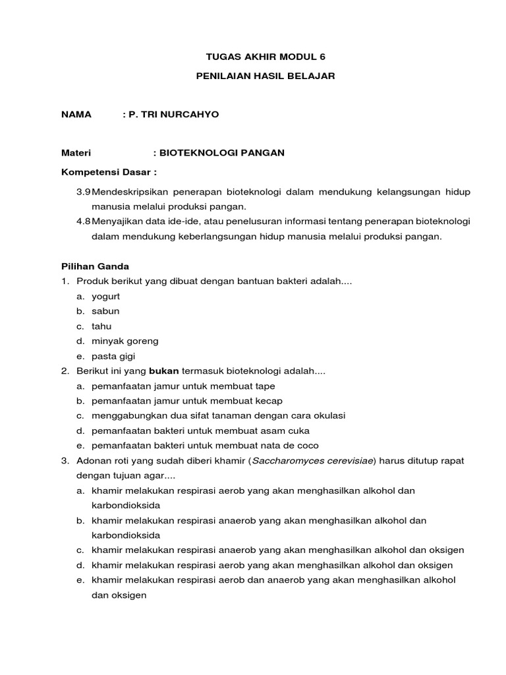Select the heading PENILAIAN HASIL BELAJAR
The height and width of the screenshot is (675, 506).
point(266,76)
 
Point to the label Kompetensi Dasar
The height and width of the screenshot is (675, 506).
point(109,172)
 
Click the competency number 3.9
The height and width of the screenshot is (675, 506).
point(83,191)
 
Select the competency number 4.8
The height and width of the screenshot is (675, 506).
point(83,221)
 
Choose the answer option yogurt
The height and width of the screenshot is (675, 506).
point(105,296)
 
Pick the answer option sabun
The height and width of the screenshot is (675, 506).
point(105,311)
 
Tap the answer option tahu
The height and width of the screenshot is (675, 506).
point(102,326)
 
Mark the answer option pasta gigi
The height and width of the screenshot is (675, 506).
point(113,356)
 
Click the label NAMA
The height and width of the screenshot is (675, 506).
point(76,115)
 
